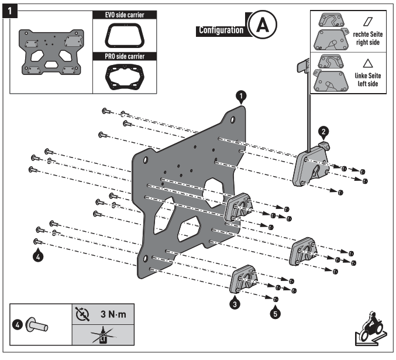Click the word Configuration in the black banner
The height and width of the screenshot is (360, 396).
[221, 30]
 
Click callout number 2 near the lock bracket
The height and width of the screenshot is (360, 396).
[323, 131]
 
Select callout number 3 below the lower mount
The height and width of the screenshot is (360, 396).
[234, 303]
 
